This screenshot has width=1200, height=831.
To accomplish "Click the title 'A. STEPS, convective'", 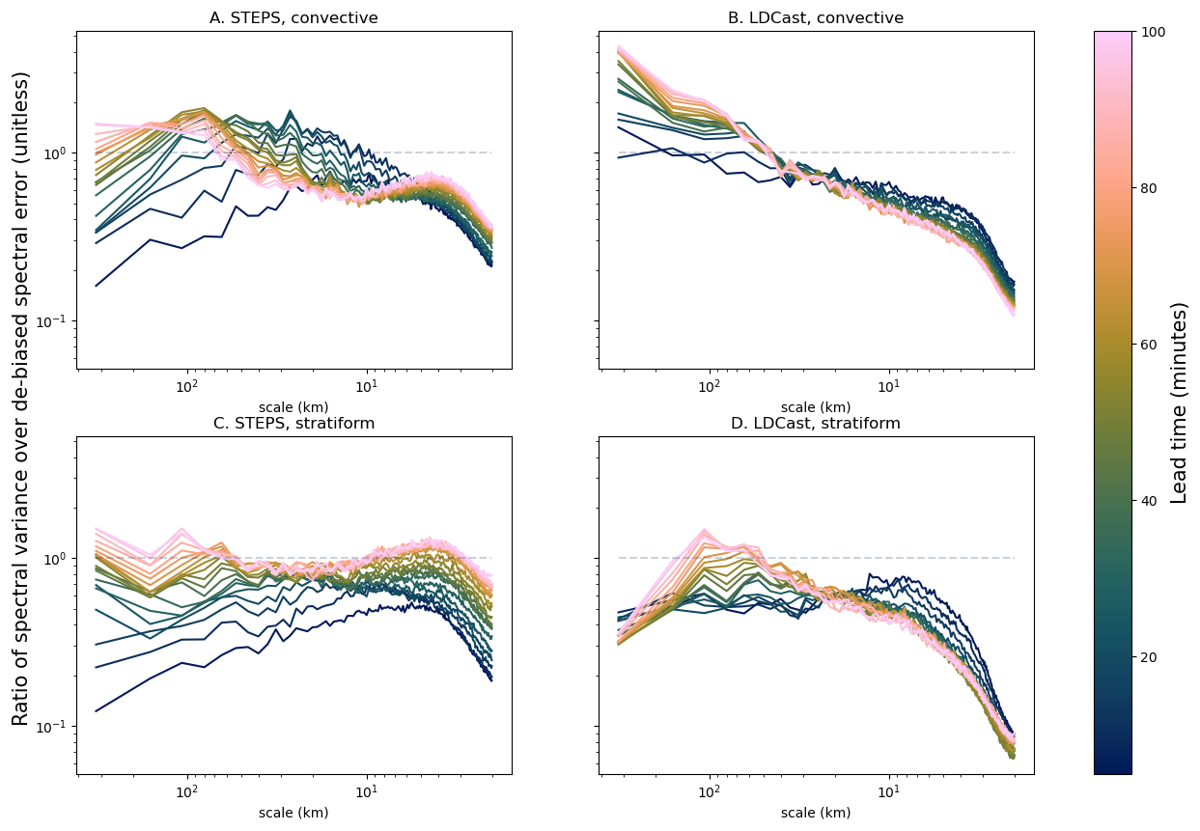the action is coord(293,17).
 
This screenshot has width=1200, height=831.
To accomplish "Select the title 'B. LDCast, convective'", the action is coord(816,17).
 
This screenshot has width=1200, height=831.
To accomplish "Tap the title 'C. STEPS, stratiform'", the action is coord(293,423).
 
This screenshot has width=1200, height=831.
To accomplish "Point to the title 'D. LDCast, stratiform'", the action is coord(816,423).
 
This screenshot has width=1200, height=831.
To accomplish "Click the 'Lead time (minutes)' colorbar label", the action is coord(1179,402).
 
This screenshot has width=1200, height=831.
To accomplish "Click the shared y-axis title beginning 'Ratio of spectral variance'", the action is coord(20,399).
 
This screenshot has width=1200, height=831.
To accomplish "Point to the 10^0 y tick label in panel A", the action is coord(57,152).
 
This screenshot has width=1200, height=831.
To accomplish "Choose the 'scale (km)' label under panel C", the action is coord(293,813).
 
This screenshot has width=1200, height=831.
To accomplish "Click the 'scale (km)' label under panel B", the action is coord(816,407).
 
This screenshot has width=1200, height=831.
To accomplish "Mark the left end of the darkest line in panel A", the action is coord(96,286).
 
